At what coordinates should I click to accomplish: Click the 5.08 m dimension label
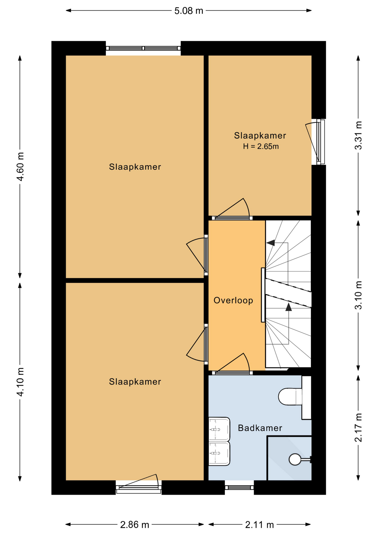click(x=189, y=11)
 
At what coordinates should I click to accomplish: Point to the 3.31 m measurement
click(x=359, y=135)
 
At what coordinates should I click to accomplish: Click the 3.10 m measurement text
click(x=359, y=295)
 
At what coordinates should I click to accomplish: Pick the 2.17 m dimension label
click(x=359, y=428)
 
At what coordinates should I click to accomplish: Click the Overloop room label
click(x=233, y=300)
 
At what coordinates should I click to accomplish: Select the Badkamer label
click(x=260, y=428)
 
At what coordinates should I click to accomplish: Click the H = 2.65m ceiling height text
click(x=261, y=146)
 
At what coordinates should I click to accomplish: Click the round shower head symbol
click(x=295, y=459)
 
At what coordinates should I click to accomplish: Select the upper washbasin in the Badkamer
click(x=219, y=429)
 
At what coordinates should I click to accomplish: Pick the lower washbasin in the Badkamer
click(x=219, y=453)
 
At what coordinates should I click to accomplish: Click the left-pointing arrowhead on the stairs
click(x=271, y=243)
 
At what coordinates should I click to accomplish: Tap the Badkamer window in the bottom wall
click(x=239, y=487)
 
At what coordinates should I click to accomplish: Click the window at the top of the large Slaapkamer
click(x=143, y=48)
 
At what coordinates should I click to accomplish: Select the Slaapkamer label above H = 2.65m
click(x=260, y=136)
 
